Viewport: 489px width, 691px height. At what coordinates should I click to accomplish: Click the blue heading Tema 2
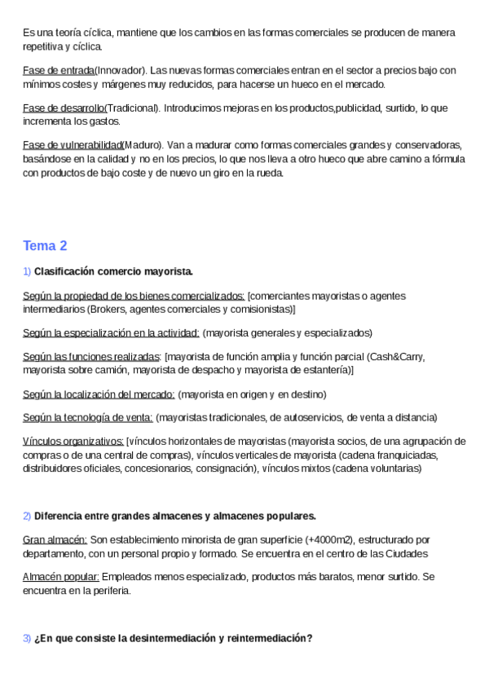pos(45,245)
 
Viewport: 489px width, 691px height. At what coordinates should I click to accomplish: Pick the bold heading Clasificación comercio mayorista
pos(113,271)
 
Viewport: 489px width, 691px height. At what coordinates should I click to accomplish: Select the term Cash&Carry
pos(396,357)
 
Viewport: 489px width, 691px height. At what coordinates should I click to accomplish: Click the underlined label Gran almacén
pos(55,539)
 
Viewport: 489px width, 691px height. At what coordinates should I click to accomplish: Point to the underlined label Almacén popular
pos(61,576)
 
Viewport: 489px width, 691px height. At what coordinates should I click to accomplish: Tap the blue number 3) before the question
pos(27,639)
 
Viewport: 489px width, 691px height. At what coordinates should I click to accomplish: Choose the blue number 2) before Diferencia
pos(27,516)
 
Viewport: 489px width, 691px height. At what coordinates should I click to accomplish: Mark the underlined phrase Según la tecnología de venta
pos(88,417)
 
